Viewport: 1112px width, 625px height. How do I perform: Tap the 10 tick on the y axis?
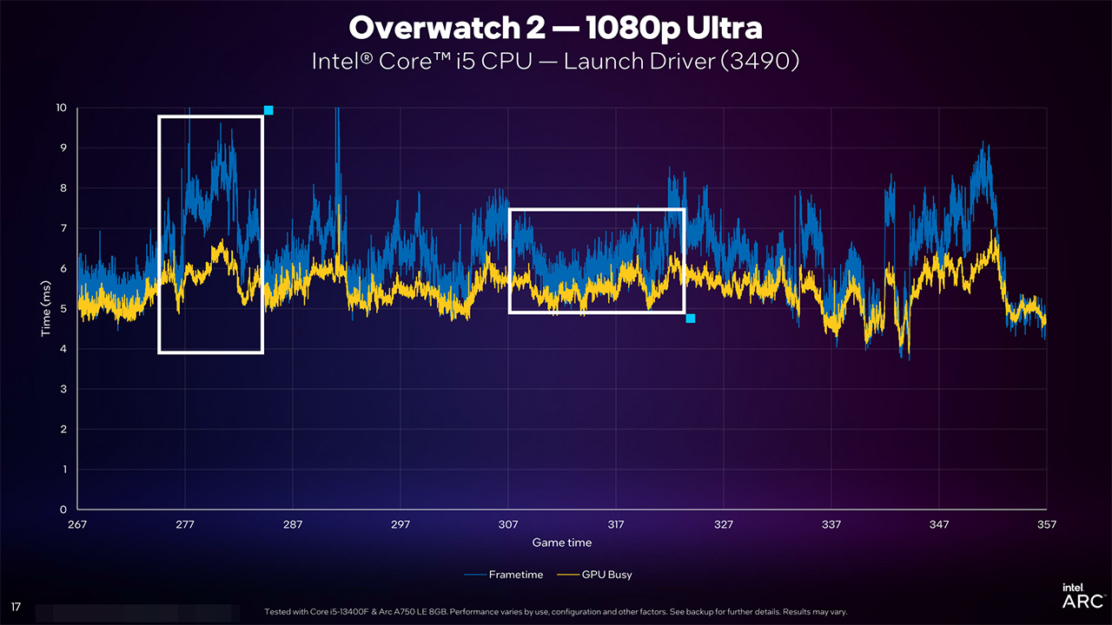click(61, 108)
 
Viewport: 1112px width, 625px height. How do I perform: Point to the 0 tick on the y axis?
click(63, 510)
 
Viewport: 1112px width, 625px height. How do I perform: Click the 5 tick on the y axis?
click(63, 309)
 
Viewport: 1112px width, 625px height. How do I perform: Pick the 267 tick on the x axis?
click(77, 524)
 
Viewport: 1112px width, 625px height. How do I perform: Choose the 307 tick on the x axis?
click(508, 524)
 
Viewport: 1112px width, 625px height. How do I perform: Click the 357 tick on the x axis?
click(1046, 524)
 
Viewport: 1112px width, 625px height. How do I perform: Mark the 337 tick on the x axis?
click(831, 524)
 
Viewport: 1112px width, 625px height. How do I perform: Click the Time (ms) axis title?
click(49, 309)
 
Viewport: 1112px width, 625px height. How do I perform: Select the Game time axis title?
click(562, 543)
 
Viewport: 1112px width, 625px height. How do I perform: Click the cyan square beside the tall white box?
click(268, 110)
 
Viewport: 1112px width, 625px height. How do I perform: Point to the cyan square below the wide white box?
click(691, 319)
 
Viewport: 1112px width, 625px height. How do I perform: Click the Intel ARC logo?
click(1082, 595)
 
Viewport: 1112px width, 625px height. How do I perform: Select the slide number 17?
click(16, 606)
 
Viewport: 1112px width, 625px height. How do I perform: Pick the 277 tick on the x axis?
click(185, 524)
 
